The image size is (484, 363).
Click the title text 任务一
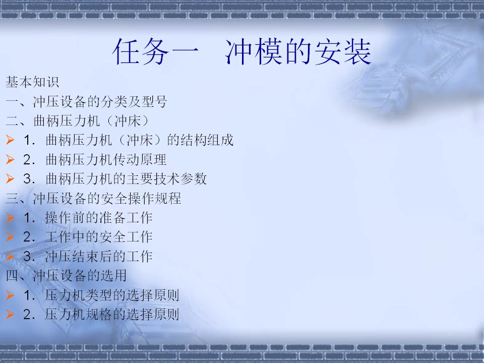point(156,51)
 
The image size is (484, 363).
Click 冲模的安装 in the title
point(298,51)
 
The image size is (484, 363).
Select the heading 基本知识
point(32,82)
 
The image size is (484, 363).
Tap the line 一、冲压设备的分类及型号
point(86,101)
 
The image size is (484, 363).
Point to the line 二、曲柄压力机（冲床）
point(78,120)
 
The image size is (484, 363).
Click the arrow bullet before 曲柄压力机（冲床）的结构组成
point(10,140)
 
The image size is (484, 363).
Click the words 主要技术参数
point(166,178)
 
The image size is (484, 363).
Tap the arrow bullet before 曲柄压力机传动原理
point(10,159)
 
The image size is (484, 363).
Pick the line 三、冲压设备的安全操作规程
point(93,198)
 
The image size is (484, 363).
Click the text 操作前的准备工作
point(99,218)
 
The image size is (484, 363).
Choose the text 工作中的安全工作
point(99,237)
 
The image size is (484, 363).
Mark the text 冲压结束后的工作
point(99,256)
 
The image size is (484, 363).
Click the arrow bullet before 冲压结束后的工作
point(10,256)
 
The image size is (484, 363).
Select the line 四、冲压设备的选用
point(66,275)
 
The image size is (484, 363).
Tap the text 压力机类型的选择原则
point(112,295)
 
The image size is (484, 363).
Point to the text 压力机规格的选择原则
point(112,314)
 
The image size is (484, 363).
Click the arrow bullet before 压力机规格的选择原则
point(10,314)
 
